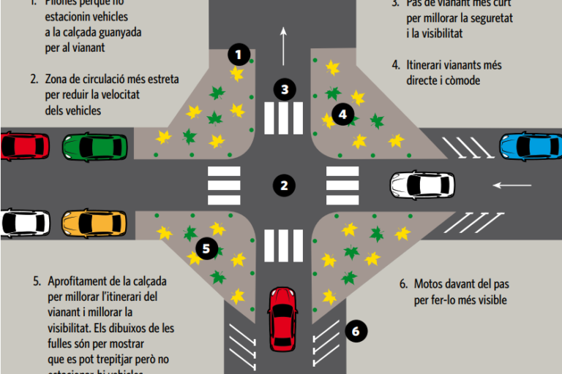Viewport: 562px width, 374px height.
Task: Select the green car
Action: coord(94,147)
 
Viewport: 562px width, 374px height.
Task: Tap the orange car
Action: coord(94,222)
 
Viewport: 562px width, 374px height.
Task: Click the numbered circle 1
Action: coord(239,54)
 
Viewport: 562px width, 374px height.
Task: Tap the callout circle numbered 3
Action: coord(285,90)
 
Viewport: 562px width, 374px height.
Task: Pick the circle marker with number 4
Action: coord(342,114)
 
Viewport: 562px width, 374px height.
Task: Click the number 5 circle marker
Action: coord(206,248)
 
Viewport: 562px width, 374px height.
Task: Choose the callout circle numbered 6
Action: coord(356,331)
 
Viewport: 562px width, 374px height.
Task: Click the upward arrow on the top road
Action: coord(283,44)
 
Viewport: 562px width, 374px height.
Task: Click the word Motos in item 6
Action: coord(430,283)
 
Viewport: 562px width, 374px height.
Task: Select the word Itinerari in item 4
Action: coord(427,65)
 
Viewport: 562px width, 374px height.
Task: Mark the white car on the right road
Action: coord(421,185)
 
